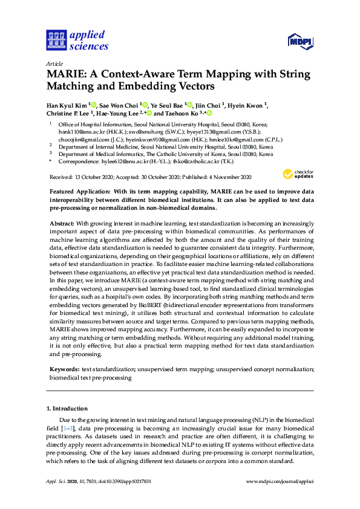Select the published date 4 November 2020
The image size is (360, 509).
tap(229, 177)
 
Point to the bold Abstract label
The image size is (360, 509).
tap(61, 224)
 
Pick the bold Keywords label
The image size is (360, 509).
tap(64, 368)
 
